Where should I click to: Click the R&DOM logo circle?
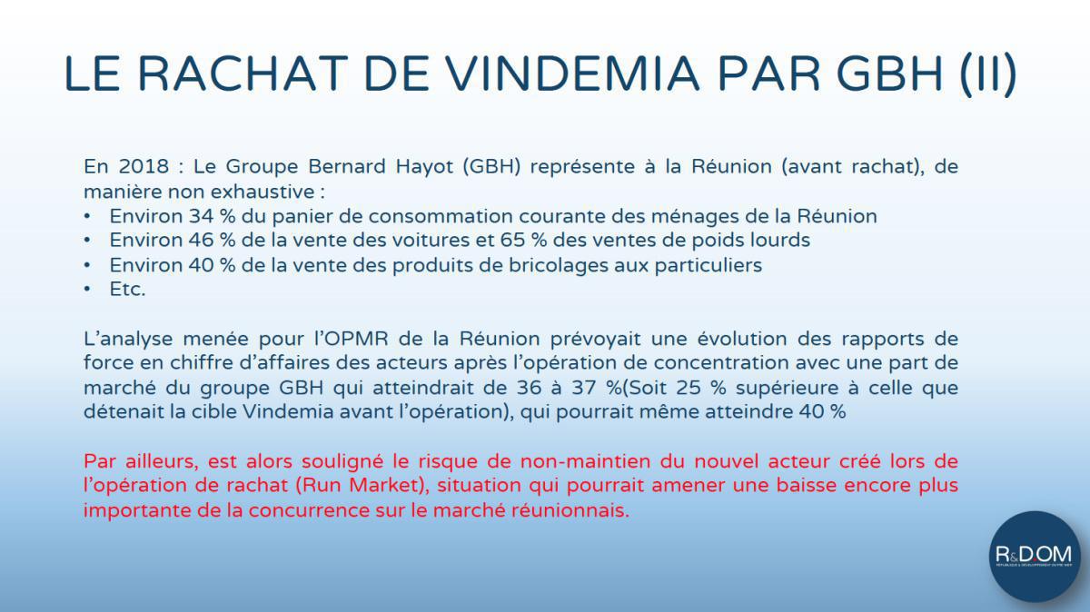coord(1034,556)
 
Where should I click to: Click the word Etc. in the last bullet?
coord(127,289)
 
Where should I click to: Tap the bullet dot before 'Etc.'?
coord(87,289)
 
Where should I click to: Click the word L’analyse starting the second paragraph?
coord(124,339)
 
